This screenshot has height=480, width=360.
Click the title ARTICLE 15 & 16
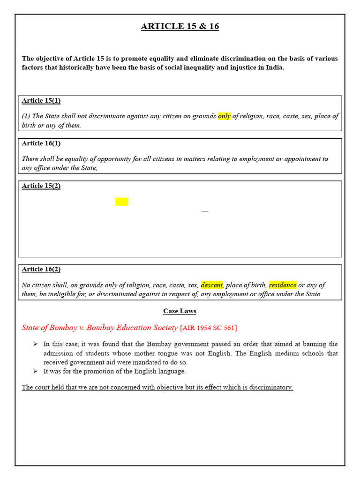(180, 26)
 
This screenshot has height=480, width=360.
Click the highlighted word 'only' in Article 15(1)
(224, 116)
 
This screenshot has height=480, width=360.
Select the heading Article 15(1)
(41, 100)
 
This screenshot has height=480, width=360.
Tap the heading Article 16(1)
(41, 143)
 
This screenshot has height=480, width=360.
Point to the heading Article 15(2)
(41, 186)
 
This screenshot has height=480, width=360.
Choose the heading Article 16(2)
(41, 269)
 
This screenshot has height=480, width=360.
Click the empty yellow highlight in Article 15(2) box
(121, 202)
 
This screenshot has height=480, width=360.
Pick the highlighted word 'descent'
(211, 285)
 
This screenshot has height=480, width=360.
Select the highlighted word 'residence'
(283, 285)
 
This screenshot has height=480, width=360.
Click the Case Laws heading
(180, 311)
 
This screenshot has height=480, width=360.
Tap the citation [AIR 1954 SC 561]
(209, 328)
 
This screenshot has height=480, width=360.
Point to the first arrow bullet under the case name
(35, 344)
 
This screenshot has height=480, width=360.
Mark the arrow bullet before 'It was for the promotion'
(35, 371)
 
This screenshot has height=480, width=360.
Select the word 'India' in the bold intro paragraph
(273, 67)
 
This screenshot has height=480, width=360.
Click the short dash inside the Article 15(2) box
(205, 211)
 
